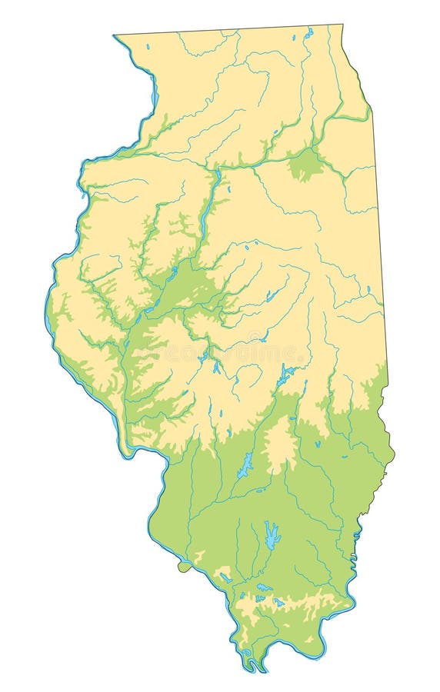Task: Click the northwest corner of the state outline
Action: click(x=115, y=35)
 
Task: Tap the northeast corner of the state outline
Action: click(x=342, y=25)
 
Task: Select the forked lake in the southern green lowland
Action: click(x=272, y=535)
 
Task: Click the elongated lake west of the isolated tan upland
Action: click(x=245, y=464)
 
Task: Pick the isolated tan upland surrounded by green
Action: click(x=278, y=444)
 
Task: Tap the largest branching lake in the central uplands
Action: click(x=286, y=375)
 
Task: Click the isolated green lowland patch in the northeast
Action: click(x=306, y=164)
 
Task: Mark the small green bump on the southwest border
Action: click(x=183, y=567)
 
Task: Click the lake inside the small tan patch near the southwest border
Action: click(x=224, y=576)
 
